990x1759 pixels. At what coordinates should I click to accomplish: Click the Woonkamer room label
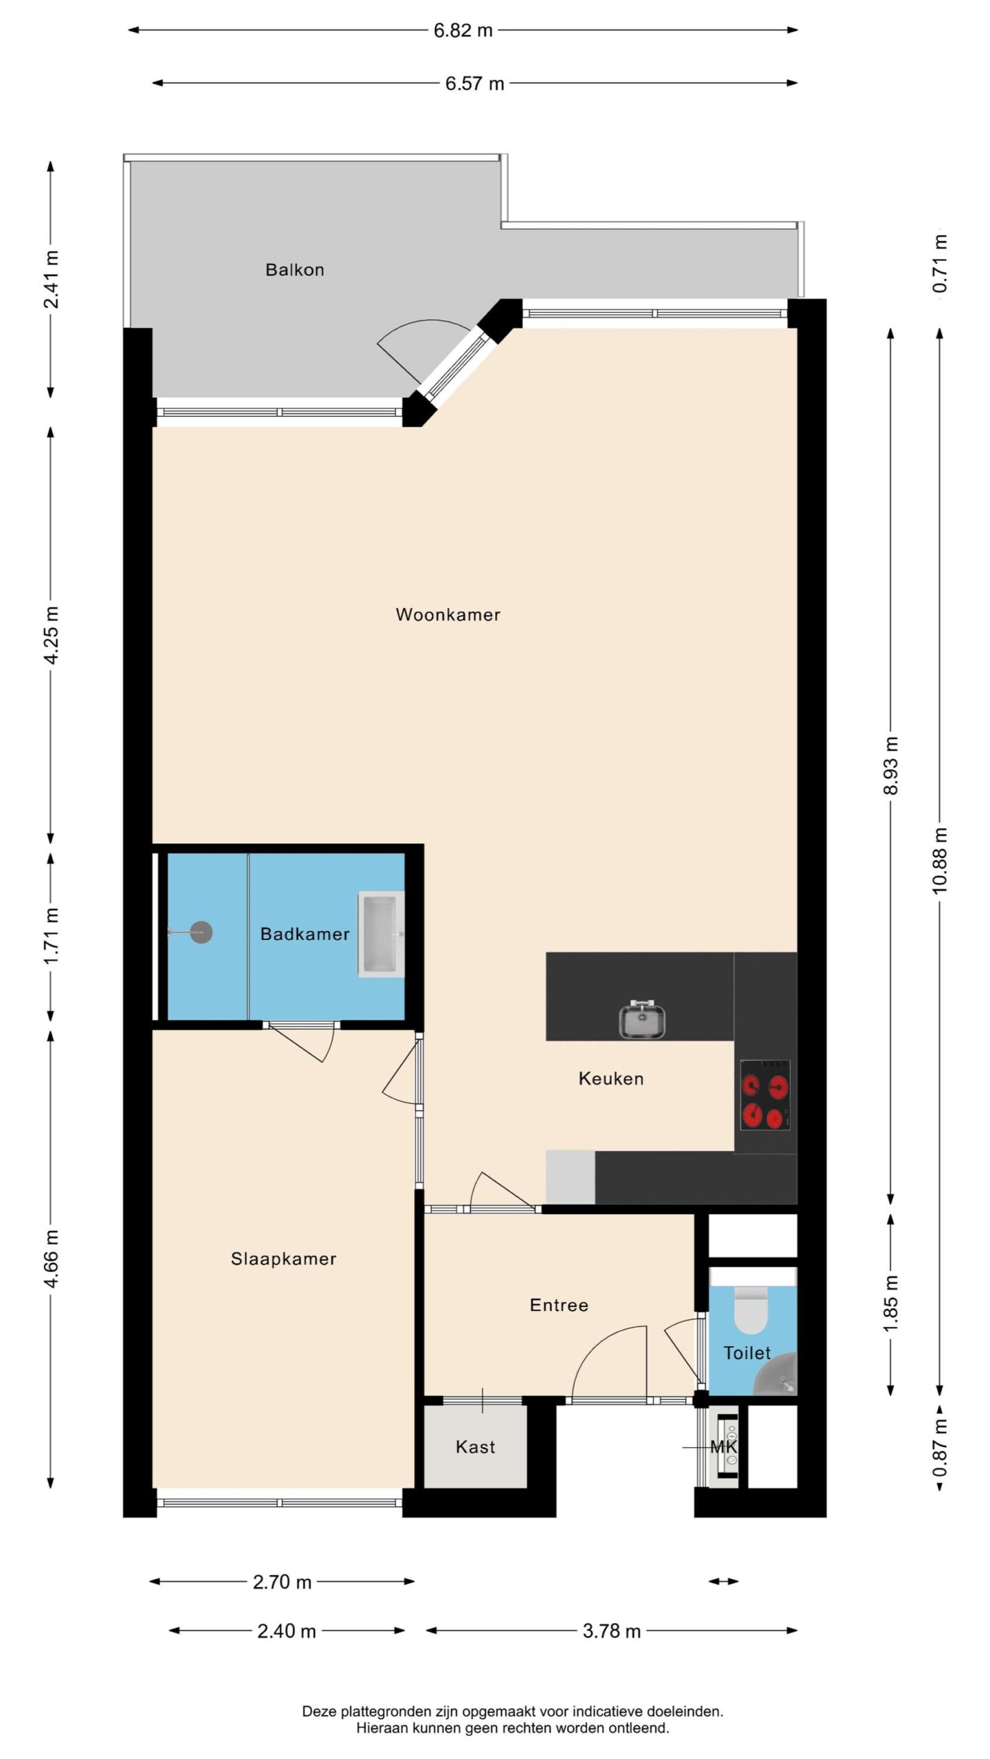pos(448,614)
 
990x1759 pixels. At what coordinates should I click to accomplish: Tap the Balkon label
pos(295,269)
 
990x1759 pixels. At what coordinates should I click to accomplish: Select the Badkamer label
pos(305,934)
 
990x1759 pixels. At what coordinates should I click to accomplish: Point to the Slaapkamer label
pos(283,1259)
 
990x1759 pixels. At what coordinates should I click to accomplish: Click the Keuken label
pos(611,1078)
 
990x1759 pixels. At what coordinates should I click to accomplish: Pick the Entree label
pos(559,1305)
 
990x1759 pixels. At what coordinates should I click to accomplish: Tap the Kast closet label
pos(475,1446)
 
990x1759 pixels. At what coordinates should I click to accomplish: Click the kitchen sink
pos(641,1019)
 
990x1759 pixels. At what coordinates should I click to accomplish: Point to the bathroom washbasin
pos(381,934)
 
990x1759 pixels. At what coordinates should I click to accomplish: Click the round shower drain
pos(201,932)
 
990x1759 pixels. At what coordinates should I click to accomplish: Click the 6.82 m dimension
pos(463,30)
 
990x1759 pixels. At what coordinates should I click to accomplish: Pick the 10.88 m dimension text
pos(940,860)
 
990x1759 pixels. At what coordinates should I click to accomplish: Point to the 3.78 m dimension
pos(611,1631)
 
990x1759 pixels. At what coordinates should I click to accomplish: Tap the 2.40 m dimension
pos(287,1631)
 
